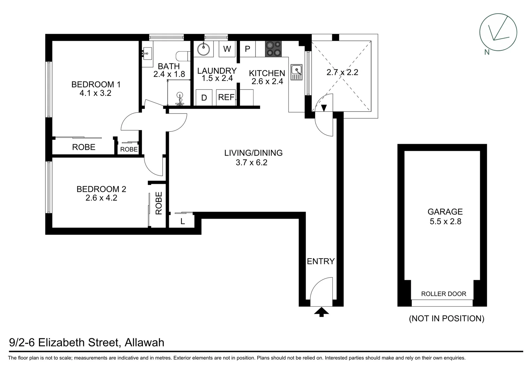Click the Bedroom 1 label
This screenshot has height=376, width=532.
pyautogui.click(x=96, y=84)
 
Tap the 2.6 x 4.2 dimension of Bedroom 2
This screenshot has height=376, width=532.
pyautogui.click(x=101, y=198)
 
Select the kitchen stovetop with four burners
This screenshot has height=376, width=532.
pyautogui.click(x=273, y=49)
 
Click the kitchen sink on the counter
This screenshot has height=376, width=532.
pyautogui.click(x=297, y=72)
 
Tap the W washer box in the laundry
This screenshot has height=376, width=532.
pyautogui.click(x=227, y=49)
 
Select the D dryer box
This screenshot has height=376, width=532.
pyautogui.click(x=204, y=98)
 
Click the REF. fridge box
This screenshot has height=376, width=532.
pyautogui.click(x=226, y=97)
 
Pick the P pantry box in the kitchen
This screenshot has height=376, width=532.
pyautogui.click(x=248, y=49)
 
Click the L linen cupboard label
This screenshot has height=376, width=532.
pyautogui.click(x=182, y=221)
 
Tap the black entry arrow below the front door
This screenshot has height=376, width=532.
pyautogui.click(x=321, y=312)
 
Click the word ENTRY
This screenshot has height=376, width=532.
pyautogui.click(x=321, y=261)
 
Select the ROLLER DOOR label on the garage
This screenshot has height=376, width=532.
pyautogui.click(x=444, y=294)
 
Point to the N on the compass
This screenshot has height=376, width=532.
pyautogui.click(x=487, y=52)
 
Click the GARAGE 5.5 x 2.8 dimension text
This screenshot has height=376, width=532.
pyautogui.click(x=445, y=221)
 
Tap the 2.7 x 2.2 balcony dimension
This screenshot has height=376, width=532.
pyautogui.click(x=342, y=72)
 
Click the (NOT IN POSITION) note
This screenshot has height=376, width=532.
pyautogui.click(x=446, y=318)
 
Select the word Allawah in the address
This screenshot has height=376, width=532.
pyautogui.click(x=144, y=343)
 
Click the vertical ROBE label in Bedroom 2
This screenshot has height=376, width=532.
pyautogui.click(x=159, y=203)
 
